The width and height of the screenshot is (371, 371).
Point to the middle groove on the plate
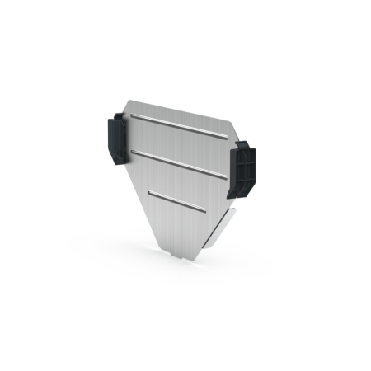click(177, 162)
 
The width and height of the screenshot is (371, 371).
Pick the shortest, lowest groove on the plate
click(177, 200)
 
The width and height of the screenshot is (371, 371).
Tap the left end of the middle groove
click(130, 151)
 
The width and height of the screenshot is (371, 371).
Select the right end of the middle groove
click(225, 174)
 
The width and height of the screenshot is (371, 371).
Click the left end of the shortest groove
click(149, 193)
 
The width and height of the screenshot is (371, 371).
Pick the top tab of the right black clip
click(243, 144)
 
